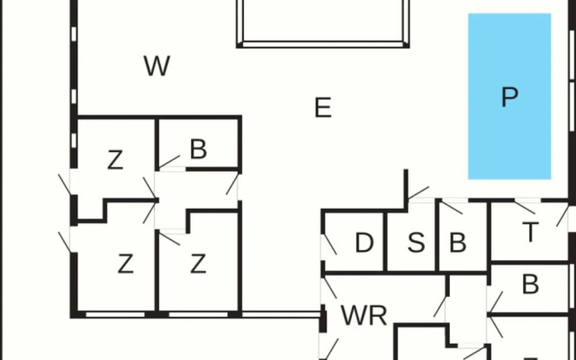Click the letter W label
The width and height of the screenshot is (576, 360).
pyautogui.click(x=157, y=66)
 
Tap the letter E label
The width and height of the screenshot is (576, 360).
pyautogui.click(x=323, y=108)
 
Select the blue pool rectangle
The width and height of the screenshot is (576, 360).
pyautogui.click(x=509, y=96)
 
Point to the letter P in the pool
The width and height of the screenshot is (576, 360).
pyautogui.click(x=510, y=97)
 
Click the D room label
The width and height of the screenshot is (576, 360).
pyautogui.click(x=364, y=243)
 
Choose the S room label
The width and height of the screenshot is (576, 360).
pyautogui.click(x=416, y=243)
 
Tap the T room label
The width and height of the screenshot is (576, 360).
pyautogui.click(x=530, y=232)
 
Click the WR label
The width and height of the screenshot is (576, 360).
pyautogui.click(x=364, y=316)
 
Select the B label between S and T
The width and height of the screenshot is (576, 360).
pyautogui.click(x=458, y=243)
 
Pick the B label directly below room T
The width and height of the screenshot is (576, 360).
pyautogui.click(x=530, y=284)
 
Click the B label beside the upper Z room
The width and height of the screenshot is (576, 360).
pyautogui.click(x=198, y=149)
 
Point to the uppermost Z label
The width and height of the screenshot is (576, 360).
pyautogui.click(x=115, y=160)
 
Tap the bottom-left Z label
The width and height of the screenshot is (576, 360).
pyautogui.click(x=125, y=264)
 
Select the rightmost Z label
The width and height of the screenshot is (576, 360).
pyautogui.click(x=198, y=264)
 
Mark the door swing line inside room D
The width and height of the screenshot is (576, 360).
pyautogui.click(x=330, y=244)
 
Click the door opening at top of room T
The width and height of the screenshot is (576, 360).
pyautogui.click(x=527, y=200)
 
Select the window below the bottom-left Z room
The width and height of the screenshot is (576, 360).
pyautogui.click(x=115, y=314)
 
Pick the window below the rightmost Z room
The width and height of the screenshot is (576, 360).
pyautogui.click(x=198, y=314)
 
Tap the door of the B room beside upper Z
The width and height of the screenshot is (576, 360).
pyautogui.click(x=172, y=169)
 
